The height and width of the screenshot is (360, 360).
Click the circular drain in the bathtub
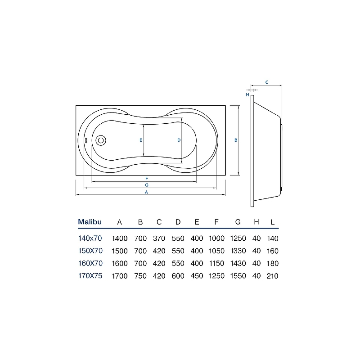point(101,140)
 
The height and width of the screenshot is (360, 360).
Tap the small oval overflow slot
point(86,140)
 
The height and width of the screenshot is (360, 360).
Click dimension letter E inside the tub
point(141,140)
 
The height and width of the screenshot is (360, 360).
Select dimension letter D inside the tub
point(179,140)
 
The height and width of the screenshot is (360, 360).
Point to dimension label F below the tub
point(147,178)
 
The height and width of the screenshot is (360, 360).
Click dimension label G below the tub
point(147,185)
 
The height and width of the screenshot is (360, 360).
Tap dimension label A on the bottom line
point(147,192)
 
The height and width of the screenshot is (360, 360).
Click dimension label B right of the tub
point(236,140)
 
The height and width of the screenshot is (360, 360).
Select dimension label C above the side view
point(267,82)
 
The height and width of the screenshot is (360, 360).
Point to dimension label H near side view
point(247,94)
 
